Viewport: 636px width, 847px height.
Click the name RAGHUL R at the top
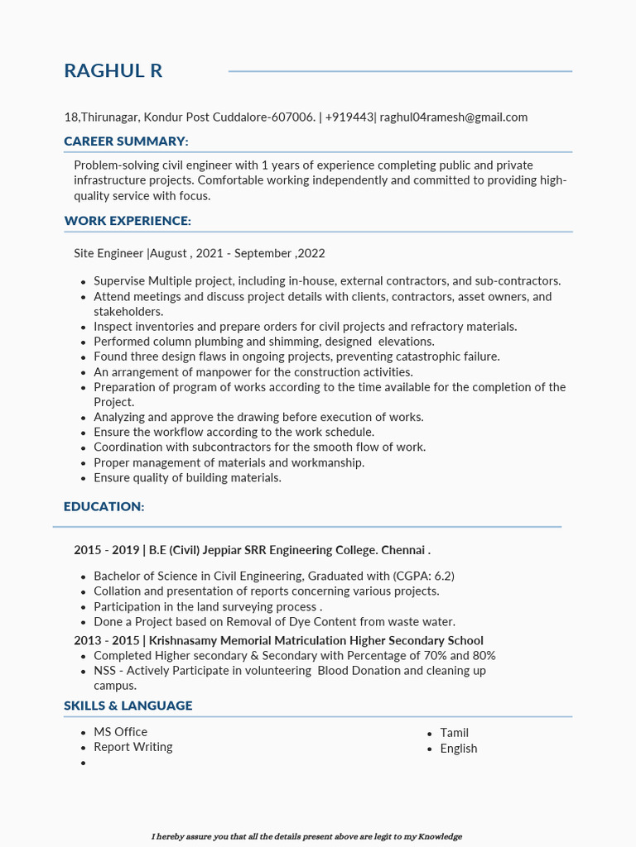tap(113, 71)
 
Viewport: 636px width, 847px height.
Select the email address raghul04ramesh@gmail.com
tap(454, 117)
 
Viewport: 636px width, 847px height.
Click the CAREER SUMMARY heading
tap(126, 141)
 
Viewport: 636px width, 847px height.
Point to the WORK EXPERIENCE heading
tap(128, 221)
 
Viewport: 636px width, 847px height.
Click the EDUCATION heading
tap(104, 506)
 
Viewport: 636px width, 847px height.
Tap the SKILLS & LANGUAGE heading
tap(128, 706)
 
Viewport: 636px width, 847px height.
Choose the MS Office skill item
tap(120, 732)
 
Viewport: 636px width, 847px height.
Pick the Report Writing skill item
tap(132, 747)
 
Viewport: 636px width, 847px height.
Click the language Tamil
tap(454, 733)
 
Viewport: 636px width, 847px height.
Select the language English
tap(458, 749)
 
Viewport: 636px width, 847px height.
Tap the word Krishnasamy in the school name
tap(183, 641)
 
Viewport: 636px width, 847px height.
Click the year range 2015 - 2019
tap(106, 550)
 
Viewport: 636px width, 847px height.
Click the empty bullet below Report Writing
tap(84, 763)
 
